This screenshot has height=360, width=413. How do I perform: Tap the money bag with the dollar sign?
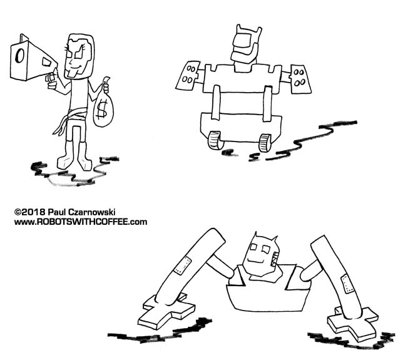tap(103, 106)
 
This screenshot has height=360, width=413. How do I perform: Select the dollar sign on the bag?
tap(102, 110)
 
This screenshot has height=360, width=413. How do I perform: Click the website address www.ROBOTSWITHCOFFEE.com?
tap(81, 222)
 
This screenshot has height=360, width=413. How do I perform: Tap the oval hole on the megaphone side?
tap(19, 56)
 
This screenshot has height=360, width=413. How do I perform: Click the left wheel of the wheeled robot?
tap(215, 140)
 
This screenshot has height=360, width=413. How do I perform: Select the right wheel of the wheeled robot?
tap(265, 143)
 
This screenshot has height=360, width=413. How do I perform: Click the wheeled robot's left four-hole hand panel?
tap(188, 76)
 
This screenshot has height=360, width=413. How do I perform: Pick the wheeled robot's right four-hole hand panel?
tap(300, 79)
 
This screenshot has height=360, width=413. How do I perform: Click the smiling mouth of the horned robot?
tap(256, 262)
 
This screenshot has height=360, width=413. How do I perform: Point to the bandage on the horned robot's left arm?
tap(182, 265)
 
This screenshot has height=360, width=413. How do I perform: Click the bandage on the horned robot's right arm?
tap(347, 284)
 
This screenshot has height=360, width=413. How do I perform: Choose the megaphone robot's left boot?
tap(65, 155)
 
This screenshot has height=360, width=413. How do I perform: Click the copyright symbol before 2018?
tap(18, 212)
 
